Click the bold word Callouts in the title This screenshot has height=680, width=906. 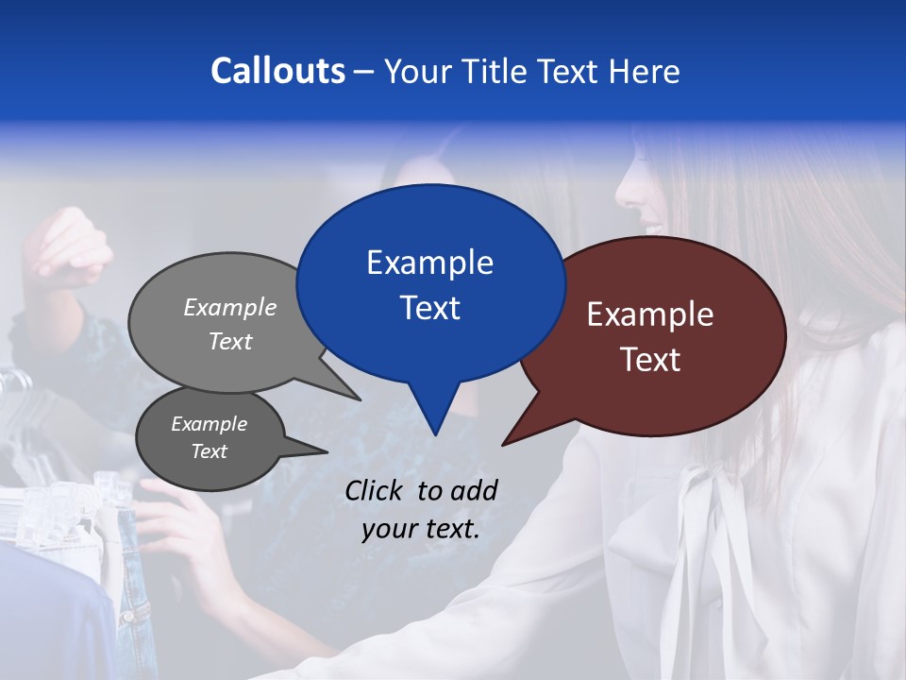(x=277, y=71)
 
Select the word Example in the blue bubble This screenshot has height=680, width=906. (x=429, y=263)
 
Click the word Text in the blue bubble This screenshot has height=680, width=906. (x=429, y=308)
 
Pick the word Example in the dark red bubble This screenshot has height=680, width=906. (x=650, y=314)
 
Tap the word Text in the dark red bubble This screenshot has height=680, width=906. (x=650, y=360)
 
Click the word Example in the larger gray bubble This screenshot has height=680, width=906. (x=229, y=307)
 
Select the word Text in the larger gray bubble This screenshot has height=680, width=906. (x=229, y=341)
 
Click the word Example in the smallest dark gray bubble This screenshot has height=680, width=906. (x=209, y=424)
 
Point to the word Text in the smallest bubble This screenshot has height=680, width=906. (x=209, y=451)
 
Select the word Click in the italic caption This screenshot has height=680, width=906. (x=376, y=490)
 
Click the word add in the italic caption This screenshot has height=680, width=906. (x=475, y=490)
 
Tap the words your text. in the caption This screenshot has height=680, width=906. (x=420, y=529)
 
